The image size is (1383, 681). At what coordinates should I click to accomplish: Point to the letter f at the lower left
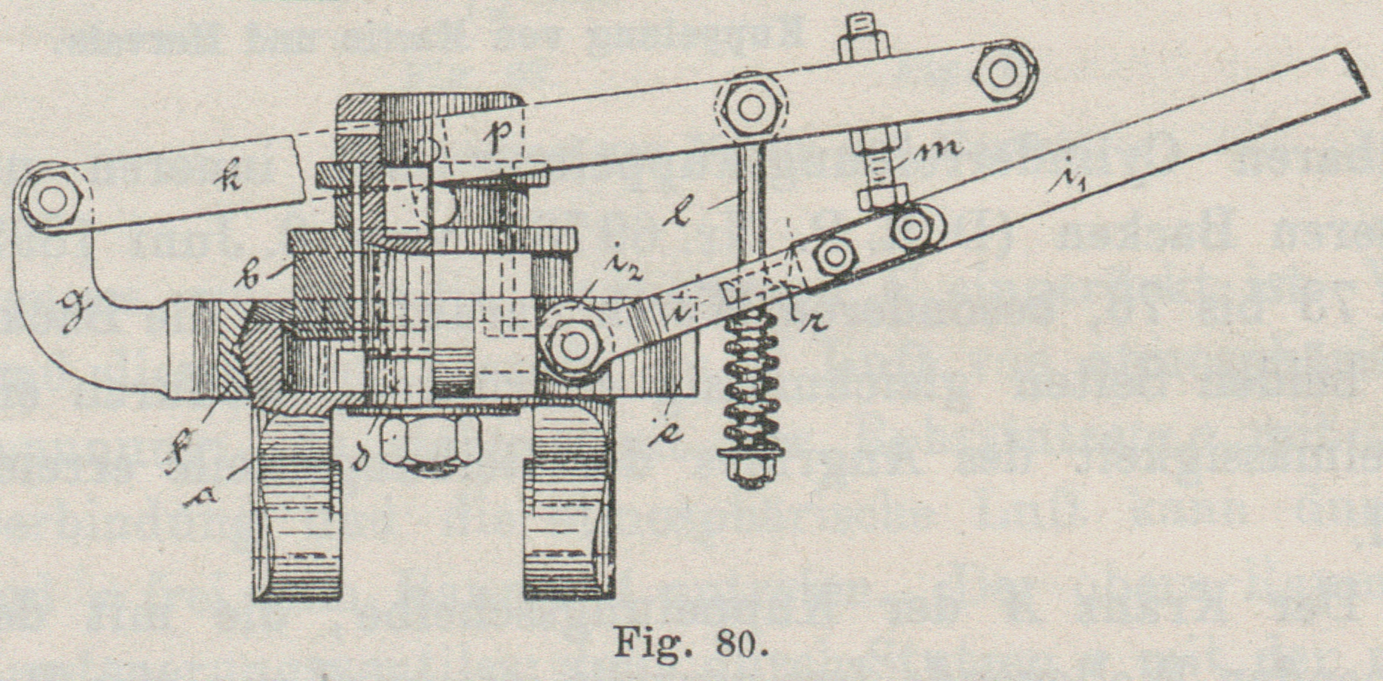pyautogui.click(x=182, y=450)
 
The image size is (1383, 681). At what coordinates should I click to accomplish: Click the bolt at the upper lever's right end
pyautogui.click(x=1003, y=72)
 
